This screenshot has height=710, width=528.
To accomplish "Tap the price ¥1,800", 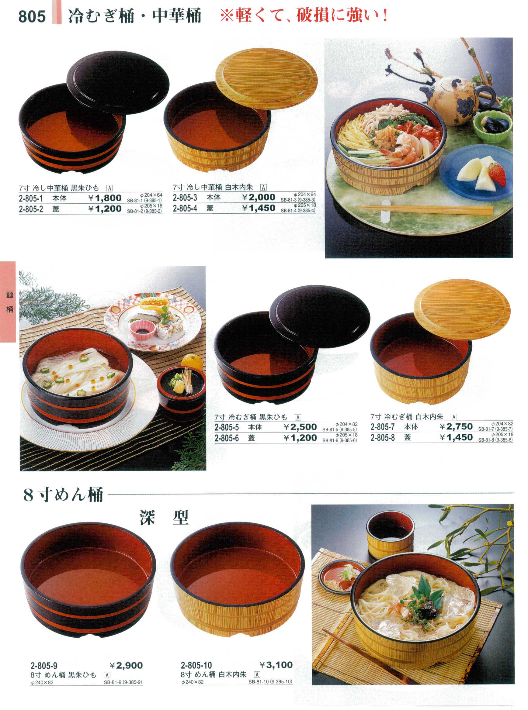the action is [x=105, y=198].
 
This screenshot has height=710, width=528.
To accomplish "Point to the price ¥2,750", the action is [x=456, y=426].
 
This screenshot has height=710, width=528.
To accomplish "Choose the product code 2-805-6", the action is [x=227, y=438].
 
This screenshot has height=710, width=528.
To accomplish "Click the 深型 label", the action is [x=164, y=517].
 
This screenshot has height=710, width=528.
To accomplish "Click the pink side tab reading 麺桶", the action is [x=8, y=302].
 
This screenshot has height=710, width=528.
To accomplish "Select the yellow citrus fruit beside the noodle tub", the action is [x=192, y=363].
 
